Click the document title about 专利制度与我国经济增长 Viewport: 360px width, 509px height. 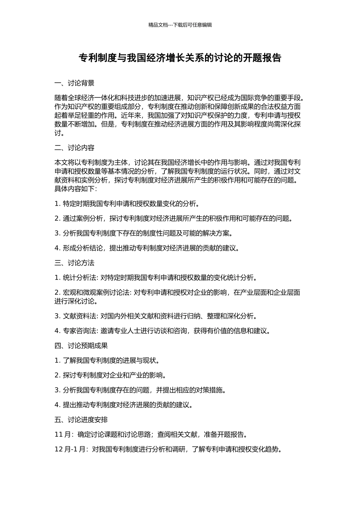pos(180,58)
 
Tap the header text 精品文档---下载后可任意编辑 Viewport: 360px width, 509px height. pos(180,25)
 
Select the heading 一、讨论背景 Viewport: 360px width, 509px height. pos(74,83)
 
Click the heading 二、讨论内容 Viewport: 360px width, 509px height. pos(74,148)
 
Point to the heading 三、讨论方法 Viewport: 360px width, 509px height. pos(74,263)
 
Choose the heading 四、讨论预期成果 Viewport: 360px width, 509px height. pos(81,345)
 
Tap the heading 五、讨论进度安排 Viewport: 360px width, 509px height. pos(81,420)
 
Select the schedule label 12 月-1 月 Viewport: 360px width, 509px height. pos(71,450)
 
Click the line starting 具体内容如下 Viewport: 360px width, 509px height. pos(76,189)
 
